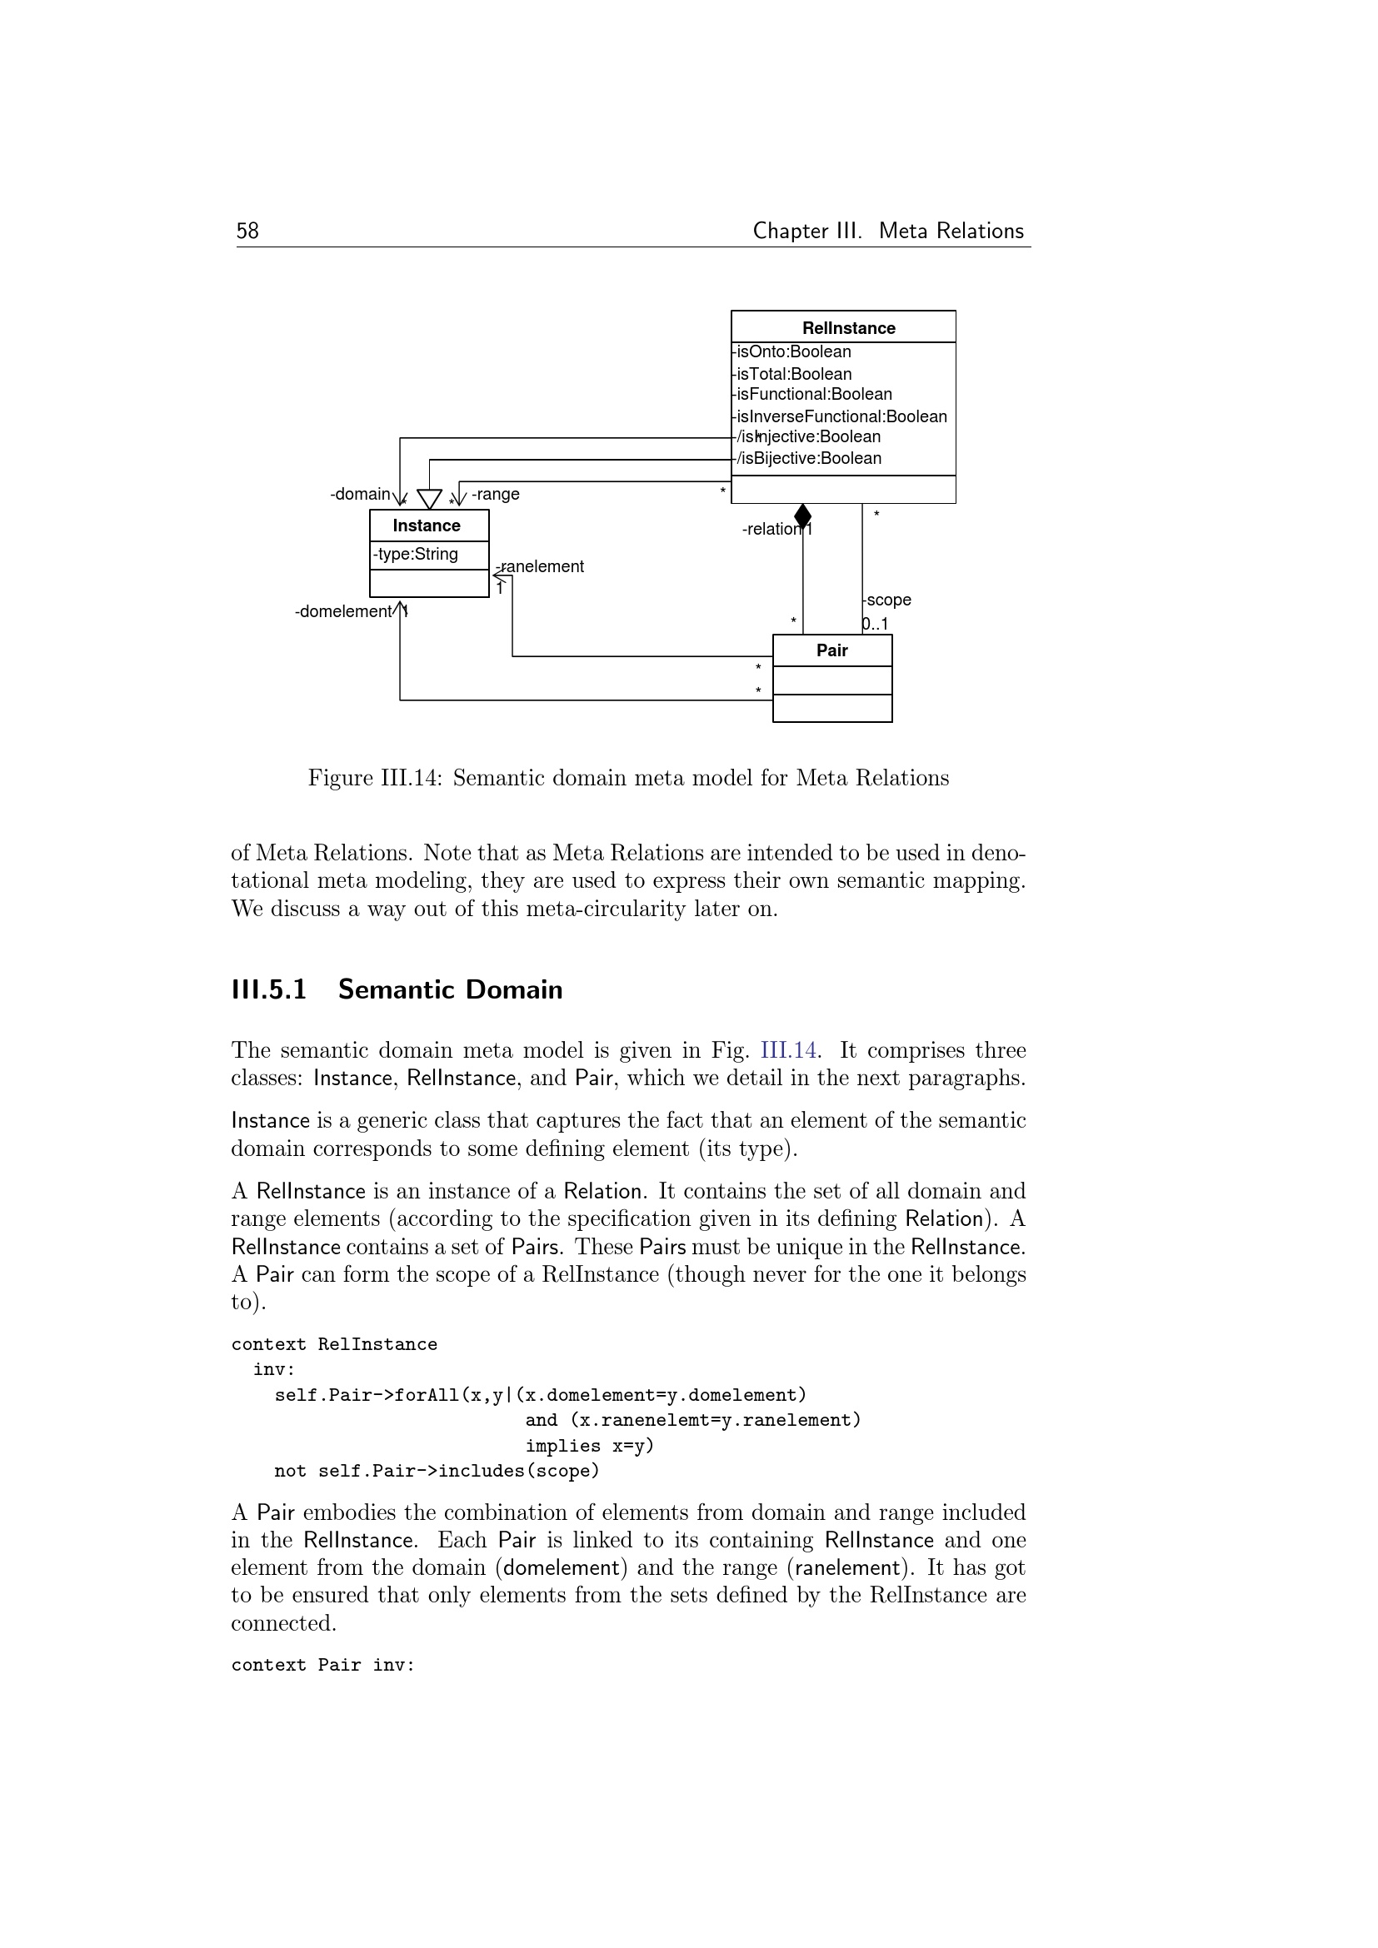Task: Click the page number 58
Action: (x=247, y=231)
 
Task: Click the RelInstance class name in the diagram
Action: (x=847, y=328)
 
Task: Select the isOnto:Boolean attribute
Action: (x=793, y=352)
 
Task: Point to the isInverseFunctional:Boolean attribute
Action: (x=841, y=416)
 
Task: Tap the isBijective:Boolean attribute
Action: (x=809, y=459)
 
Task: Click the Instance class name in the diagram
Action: (x=426, y=526)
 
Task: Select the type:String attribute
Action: (x=417, y=554)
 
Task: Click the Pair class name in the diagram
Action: (x=831, y=650)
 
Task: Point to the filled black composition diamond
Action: (x=802, y=515)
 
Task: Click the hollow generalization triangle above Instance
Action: (x=429, y=499)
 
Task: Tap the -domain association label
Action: (x=361, y=494)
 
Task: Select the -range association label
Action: (x=496, y=494)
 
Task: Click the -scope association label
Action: (x=887, y=600)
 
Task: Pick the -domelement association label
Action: (x=343, y=612)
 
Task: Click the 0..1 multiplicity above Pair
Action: (x=875, y=625)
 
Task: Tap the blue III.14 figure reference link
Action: (x=788, y=1050)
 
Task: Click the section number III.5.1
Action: (x=269, y=989)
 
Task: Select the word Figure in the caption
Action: (x=340, y=778)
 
